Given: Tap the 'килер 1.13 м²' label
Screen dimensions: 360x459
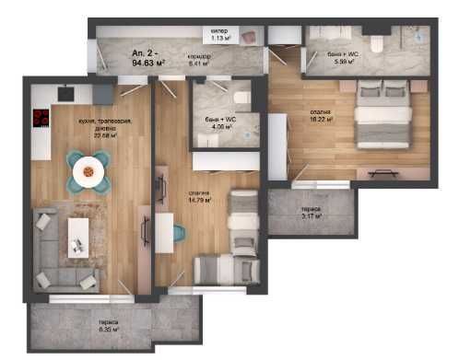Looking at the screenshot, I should [x=219, y=35].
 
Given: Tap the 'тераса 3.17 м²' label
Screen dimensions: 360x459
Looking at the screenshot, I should [x=311, y=215].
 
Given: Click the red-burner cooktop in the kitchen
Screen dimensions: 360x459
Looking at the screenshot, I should [x=41, y=118].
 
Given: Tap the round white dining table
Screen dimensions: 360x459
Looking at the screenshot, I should [x=87, y=168].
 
